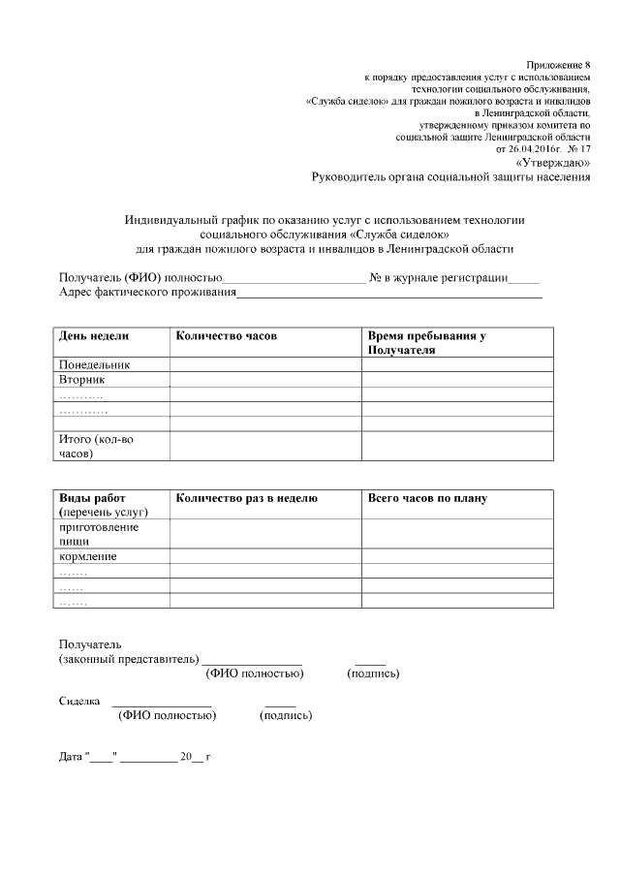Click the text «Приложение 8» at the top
(x=558, y=63)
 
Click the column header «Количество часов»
(x=226, y=335)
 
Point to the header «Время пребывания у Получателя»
(x=426, y=342)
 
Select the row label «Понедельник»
(x=95, y=364)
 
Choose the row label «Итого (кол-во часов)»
(x=96, y=446)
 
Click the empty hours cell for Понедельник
(x=265, y=364)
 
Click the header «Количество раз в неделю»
(x=246, y=498)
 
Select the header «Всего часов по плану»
(x=427, y=498)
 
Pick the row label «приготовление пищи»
(x=99, y=533)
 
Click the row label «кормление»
(x=88, y=556)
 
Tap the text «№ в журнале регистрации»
(x=439, y=277)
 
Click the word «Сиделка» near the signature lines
(x=79, y=700)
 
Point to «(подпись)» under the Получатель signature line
(x=373, y=673)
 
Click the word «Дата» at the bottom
(x=71, y=756)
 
